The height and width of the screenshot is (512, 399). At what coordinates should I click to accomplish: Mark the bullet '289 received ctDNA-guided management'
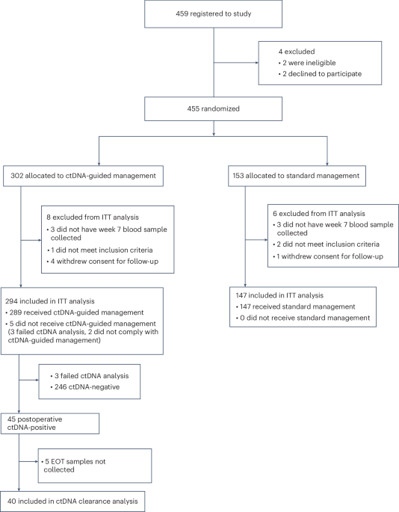point(75,310)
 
